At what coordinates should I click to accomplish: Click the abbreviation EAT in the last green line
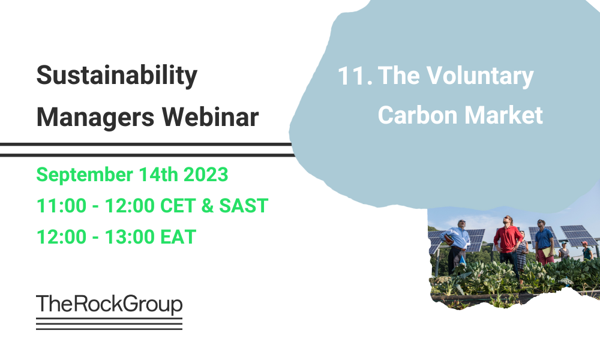point(178,237)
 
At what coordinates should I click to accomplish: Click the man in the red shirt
point(508,243)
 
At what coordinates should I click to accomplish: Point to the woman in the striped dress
point(523,252)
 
